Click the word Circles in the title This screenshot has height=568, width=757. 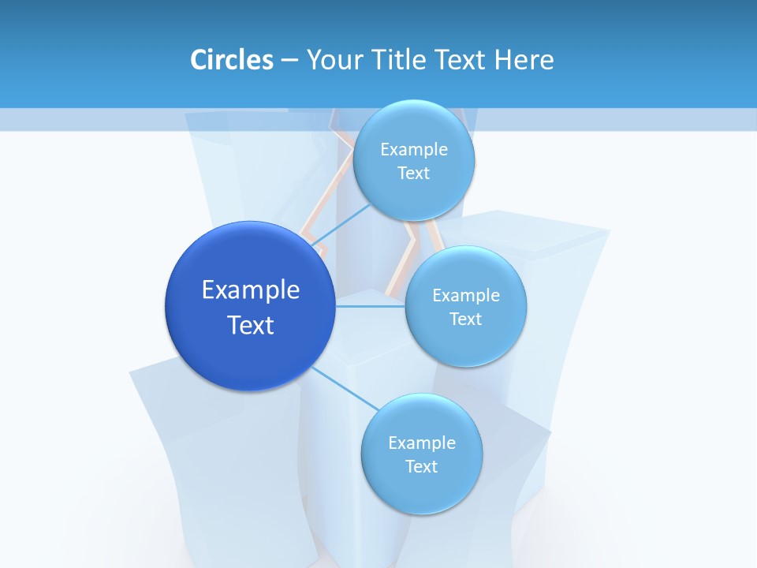click(x=231, y=60)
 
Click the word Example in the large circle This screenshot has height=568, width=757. click(x=251, y=290)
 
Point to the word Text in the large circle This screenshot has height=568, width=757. click(x=251, y=325)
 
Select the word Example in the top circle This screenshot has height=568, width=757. click(x=414, y=150)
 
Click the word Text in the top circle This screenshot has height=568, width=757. click(x=414, y=174)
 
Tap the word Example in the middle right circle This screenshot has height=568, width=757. click(x=466, y=296)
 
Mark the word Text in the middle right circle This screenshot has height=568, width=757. click(x=466, y=319)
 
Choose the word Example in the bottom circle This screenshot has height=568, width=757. click(x=422, y=443)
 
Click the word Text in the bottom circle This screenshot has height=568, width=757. click(x=422, y=467)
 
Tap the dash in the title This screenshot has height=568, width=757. click(x=289, y=60)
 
